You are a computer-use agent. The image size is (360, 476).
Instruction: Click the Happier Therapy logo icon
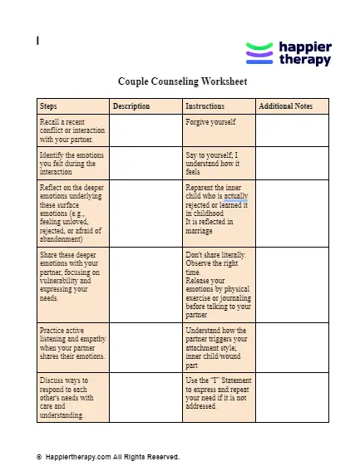[x=259, y=54]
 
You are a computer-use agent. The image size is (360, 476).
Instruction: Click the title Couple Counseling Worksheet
[x=182, y=82]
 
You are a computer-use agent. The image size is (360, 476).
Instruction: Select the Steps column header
[x=73, y=106]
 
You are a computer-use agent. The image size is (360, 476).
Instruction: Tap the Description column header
[x=145, y=106]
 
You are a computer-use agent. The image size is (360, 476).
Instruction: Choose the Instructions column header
[x=218, y=106]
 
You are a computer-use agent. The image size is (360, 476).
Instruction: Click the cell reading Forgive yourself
[x=218, y=130]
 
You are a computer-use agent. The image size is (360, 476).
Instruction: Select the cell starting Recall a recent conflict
[x=73, y=130]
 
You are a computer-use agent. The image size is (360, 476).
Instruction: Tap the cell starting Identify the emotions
[x=73, y=163]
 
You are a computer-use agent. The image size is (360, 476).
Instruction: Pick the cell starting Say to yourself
[x=218, y=163]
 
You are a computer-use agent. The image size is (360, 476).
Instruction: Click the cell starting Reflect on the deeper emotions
[x=73, y=212]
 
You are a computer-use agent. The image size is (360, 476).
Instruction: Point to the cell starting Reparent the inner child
[x=218, y=212]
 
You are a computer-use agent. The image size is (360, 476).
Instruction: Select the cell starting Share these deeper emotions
[x=73, y=282]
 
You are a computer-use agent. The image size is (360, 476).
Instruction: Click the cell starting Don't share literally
[x=218, y=282]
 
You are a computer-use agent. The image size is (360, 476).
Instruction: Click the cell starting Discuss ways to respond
[x=73, y=397]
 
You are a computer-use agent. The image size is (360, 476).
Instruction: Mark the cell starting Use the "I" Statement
[x=218, y=397]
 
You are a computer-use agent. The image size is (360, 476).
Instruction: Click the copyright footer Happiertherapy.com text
[x=108, y=456]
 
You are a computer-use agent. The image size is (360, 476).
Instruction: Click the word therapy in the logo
[x=303, y=61]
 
